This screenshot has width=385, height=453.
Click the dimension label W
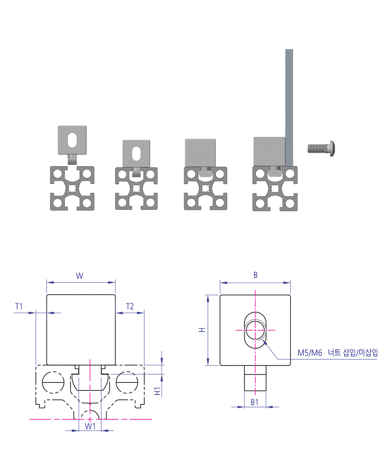point(80,276)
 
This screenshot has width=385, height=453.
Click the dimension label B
point(255,275)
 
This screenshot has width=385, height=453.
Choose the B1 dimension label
point(255,402)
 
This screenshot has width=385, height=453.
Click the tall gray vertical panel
point(289,106)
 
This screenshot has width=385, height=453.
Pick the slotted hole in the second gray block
point(137,153)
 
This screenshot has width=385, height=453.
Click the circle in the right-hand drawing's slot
point(255,330)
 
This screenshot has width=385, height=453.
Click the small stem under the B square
point(255,378)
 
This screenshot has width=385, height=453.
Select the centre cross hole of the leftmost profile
point(72,188)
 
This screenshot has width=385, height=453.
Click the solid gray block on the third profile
point(201,152)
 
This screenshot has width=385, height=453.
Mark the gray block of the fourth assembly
point(269,151)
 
